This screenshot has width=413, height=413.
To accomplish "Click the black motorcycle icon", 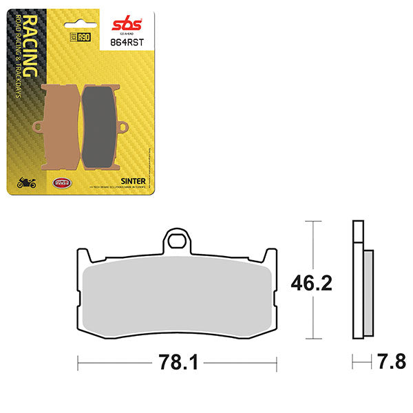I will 26,183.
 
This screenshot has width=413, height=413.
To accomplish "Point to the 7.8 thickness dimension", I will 385,361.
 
